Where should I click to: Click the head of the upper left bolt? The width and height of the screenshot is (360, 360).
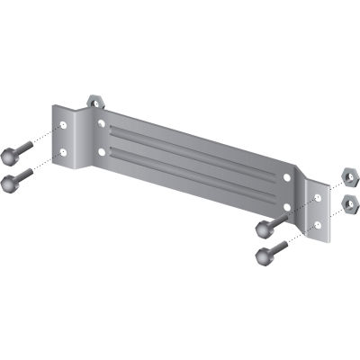point(12,148)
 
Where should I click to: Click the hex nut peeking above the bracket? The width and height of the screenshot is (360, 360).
point(94,98)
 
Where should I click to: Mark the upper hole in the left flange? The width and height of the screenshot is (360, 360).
point(65,122)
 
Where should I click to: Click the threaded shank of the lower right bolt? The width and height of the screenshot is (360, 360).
point(276,246)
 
